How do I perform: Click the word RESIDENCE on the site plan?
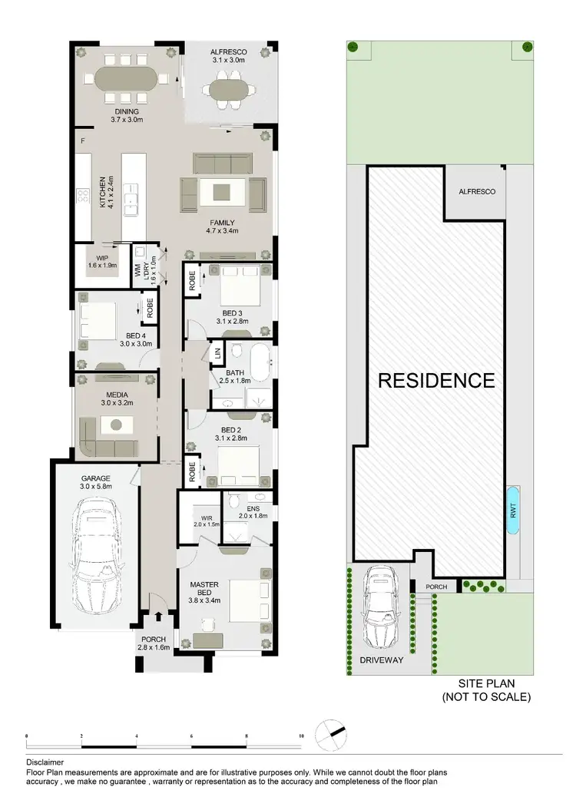coord(435,380)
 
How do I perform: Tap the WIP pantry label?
coord(103,259)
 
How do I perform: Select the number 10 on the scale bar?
coord(302,736)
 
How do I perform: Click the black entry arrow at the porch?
coord(159,615)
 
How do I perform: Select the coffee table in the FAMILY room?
coord(221,193)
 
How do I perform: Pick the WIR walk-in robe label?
coord(207,517)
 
